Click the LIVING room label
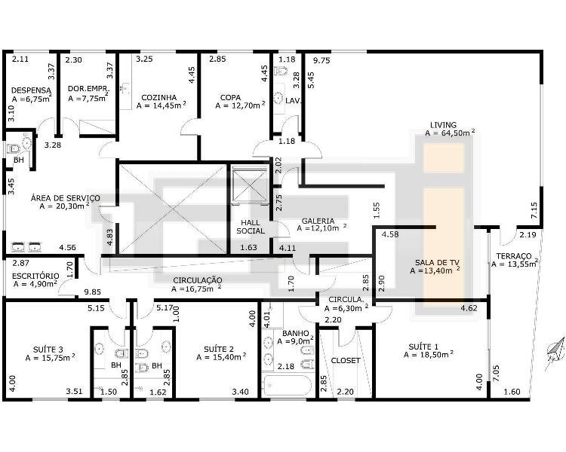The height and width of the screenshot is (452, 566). coord(443,125)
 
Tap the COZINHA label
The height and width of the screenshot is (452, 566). coord(158,98)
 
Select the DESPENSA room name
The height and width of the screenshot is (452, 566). coord(31,90)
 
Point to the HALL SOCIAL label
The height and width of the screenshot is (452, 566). coord(251,227)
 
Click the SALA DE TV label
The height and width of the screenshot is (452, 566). coord(437,263)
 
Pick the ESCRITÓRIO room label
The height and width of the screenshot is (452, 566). coord(35,276)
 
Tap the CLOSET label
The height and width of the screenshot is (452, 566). coord(346,360)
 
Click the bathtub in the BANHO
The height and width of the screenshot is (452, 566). coord(288,386)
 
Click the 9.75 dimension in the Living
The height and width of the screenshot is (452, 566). coord(321,60)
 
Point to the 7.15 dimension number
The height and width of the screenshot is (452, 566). coord(534,209)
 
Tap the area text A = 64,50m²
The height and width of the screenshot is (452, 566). coord(450,133)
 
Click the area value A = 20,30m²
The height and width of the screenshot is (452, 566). coord(65,206)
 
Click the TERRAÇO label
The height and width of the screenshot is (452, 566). coord(514,256)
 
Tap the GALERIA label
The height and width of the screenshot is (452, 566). coord(318,221)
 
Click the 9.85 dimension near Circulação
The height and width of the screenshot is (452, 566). coord(92,292)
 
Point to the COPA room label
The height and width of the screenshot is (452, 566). coord(230,98)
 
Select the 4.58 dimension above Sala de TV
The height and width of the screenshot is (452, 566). coord(390,234)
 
